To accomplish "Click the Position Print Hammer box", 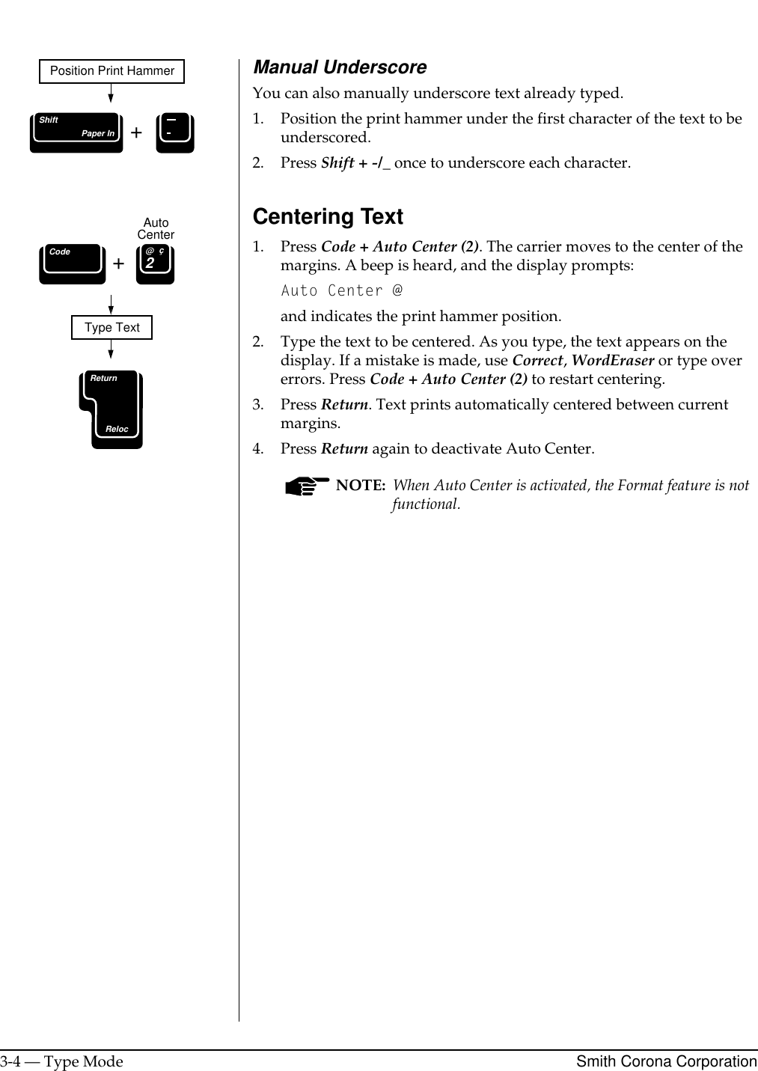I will point(111,71).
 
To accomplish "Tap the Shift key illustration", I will point(76,132).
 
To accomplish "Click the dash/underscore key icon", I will point(175,132).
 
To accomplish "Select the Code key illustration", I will point(73,263).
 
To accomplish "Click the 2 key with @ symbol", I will point(155,264).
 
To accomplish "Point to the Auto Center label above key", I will point(156,228).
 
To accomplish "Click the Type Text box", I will point(111,328).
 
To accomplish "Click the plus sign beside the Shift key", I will point(136,133).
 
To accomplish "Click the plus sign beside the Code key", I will point(118,263).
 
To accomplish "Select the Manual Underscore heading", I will point(340,67).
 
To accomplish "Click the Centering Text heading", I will point(328,216).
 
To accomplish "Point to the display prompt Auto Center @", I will point(341,290).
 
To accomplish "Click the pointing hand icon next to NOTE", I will point(307,486).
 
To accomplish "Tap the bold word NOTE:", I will point(360,485).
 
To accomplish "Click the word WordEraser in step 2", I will point(612,360).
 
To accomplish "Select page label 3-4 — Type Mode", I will point(61,1061).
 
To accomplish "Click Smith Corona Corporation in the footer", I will point(666,1061).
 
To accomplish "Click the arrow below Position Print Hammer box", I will point(111,93).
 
